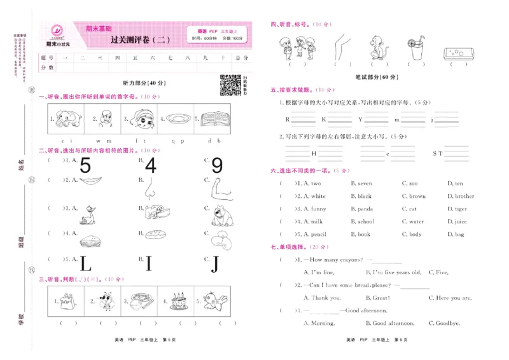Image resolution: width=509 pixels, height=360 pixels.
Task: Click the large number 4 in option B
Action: (x=151, y=165)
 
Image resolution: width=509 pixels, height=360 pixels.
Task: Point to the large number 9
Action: (x=217, y=165)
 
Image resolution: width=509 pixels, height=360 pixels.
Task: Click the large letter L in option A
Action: (x=86, y=262)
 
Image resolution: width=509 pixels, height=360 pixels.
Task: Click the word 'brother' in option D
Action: (x=464, y=197)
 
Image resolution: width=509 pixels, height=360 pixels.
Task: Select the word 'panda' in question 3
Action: (x=365, y=209)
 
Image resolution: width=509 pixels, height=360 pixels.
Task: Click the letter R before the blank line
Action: (x=287, y=119)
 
